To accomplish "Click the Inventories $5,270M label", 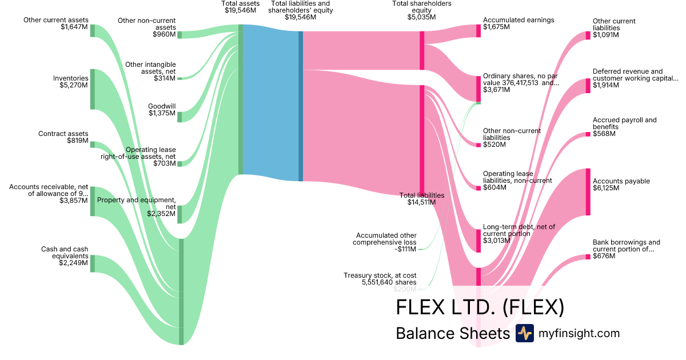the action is (70, 82).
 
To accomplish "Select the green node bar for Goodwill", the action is (180, 117).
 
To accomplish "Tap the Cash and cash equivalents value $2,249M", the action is (73, 263).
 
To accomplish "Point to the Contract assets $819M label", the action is (63, 137).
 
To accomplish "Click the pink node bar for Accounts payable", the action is (588, 191).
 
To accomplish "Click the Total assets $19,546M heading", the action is (241, 7).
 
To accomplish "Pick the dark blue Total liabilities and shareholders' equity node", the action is (301, 106).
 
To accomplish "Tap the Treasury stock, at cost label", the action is (380, 279).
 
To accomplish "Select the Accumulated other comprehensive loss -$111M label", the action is (386, 242).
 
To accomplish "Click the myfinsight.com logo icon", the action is (524, 333).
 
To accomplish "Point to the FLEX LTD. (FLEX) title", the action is (480, 307).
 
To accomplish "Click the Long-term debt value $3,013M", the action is (496, 241).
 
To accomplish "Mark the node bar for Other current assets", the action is (93, 31).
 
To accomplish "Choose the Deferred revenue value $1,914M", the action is (605, 85).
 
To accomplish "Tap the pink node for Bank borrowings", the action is (588, 257).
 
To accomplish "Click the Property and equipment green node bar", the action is (180, 214).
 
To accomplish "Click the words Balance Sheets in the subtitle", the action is (452, 333).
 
